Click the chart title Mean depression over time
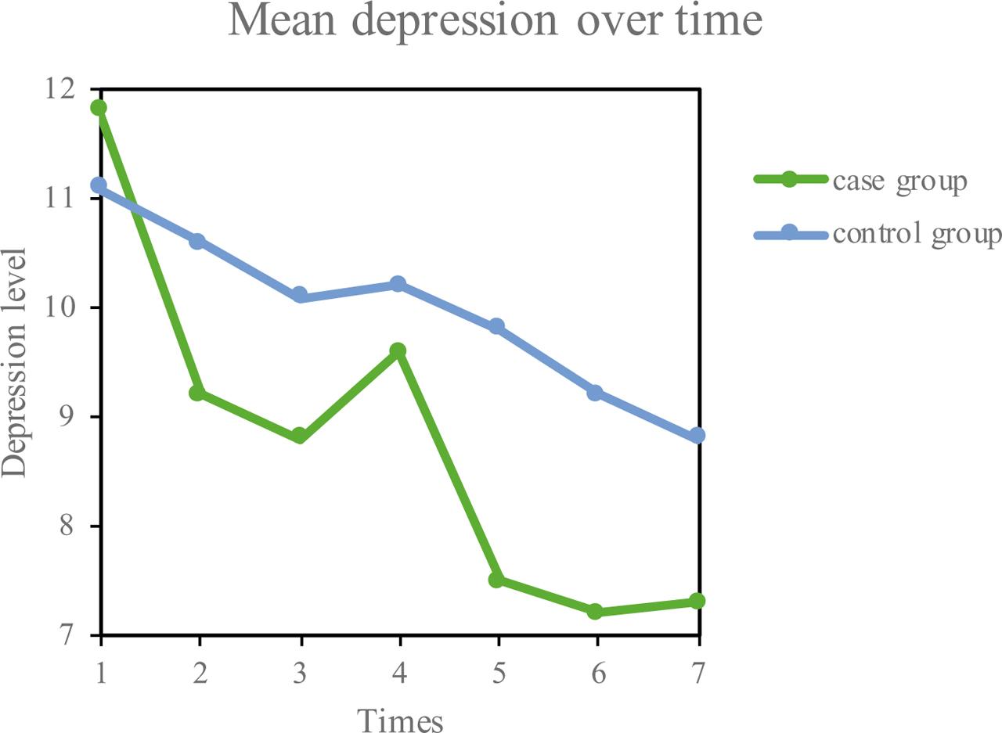pyautogui.click(x=495, y=22)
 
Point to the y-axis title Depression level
pyautogui.click(x=14, y=362)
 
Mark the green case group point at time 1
pyautogui.click(x=99, y=108)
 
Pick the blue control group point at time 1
pyautogui.click(x=99, y=185)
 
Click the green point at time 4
pyautogui.click(x=398, y=350)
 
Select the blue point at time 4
pyautogui.click(x=398, y=283)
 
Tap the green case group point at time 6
pyautogui.click(x=596, y=612)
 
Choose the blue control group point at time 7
pyautogui.click(x=697, y=436)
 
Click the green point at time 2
pyautogui.click(x=198, y=392)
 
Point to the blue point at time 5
pyautogui.click(x=496, y=326)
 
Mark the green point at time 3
pyautogui.click(x=298, y=436)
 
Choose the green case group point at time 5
pyautogui.click(x=496, y=580)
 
